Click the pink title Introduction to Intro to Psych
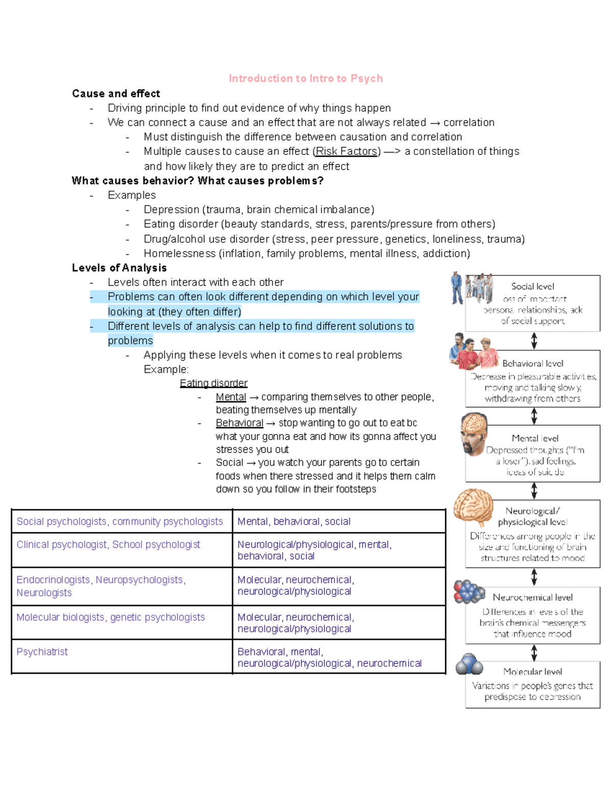pos(305,79)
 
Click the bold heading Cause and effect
pos(116,93)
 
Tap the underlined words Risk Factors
pos(346,151)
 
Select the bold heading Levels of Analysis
pos(119,268)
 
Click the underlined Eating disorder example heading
pos(213,383)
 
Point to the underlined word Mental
pos(231,397)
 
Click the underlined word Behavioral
pos(239,423)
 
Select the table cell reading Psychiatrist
pos(42,652)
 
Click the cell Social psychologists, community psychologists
pos(119,521)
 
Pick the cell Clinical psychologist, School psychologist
pos(108,545)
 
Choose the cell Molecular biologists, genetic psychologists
pos(110,617)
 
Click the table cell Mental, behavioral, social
pos(294,521)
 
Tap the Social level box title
pos(532,287)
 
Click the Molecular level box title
pos(532,672)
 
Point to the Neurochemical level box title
pos(532,597)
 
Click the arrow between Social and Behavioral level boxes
pos(534,341)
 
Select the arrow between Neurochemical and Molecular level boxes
pos(534,652)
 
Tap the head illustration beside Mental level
pos(474,433)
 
